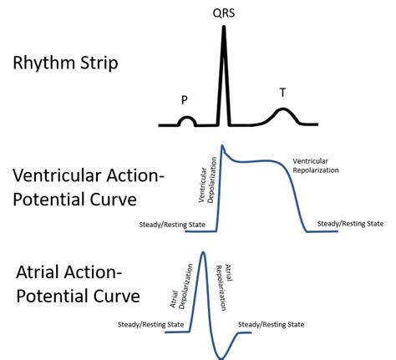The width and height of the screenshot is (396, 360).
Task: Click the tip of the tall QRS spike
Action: pyautogui.click(x=223, y=28)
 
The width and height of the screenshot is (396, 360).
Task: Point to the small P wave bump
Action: pyautogui.click(x=186, y=121)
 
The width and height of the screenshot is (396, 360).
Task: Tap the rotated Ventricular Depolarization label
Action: pyautogui.click(x=207, y=185)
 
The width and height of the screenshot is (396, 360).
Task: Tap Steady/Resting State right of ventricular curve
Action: pyautogui.click(x=351, y=224)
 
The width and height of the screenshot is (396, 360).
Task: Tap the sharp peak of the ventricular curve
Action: pyautogui.click(x=222, y=146)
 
